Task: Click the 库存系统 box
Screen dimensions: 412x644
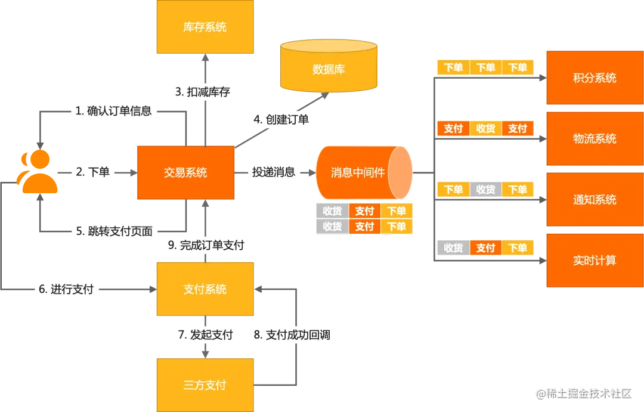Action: click(205, 27)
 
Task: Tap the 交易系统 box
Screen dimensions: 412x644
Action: click(185, 172)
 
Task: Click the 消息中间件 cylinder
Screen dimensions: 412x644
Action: click(361, 172)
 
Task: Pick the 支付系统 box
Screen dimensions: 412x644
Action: click(205, 289)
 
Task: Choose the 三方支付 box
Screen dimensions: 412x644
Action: click(205, 385)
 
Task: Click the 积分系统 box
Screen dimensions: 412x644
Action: click(594, 78)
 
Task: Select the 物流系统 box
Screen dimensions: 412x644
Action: click(594, 139)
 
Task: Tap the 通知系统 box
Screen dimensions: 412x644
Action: click(594, 200)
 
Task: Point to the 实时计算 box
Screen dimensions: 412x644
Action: click(594, 261)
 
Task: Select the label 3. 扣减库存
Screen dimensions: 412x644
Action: click(202, 92)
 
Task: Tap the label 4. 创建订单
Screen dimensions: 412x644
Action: click(281, 119)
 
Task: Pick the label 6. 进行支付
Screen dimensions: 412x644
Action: click(66, 290)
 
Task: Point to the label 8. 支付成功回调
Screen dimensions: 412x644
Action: click(292, 335)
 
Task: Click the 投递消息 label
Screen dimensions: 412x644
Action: click(274, 172)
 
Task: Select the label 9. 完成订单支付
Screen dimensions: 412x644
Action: click(206, 245)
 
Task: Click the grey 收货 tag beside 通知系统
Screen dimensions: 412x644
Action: click(485, 190)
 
